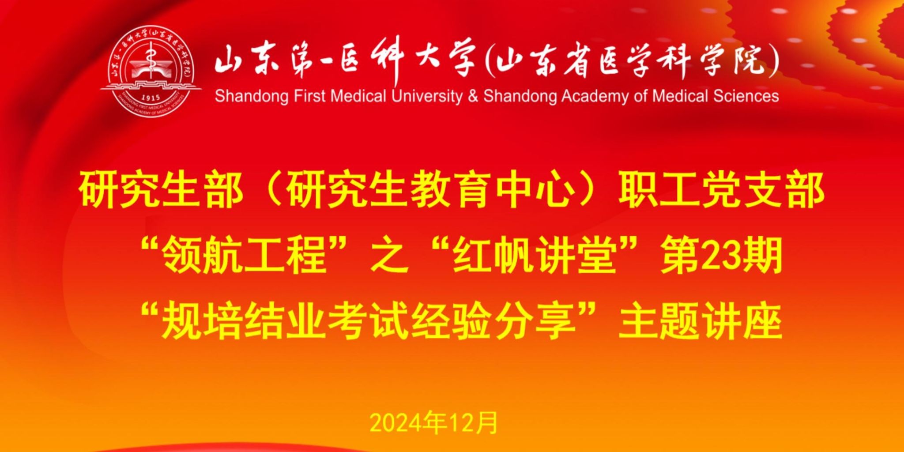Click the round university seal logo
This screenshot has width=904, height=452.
coord(151,72)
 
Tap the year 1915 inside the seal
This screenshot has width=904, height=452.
coord(150,97)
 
